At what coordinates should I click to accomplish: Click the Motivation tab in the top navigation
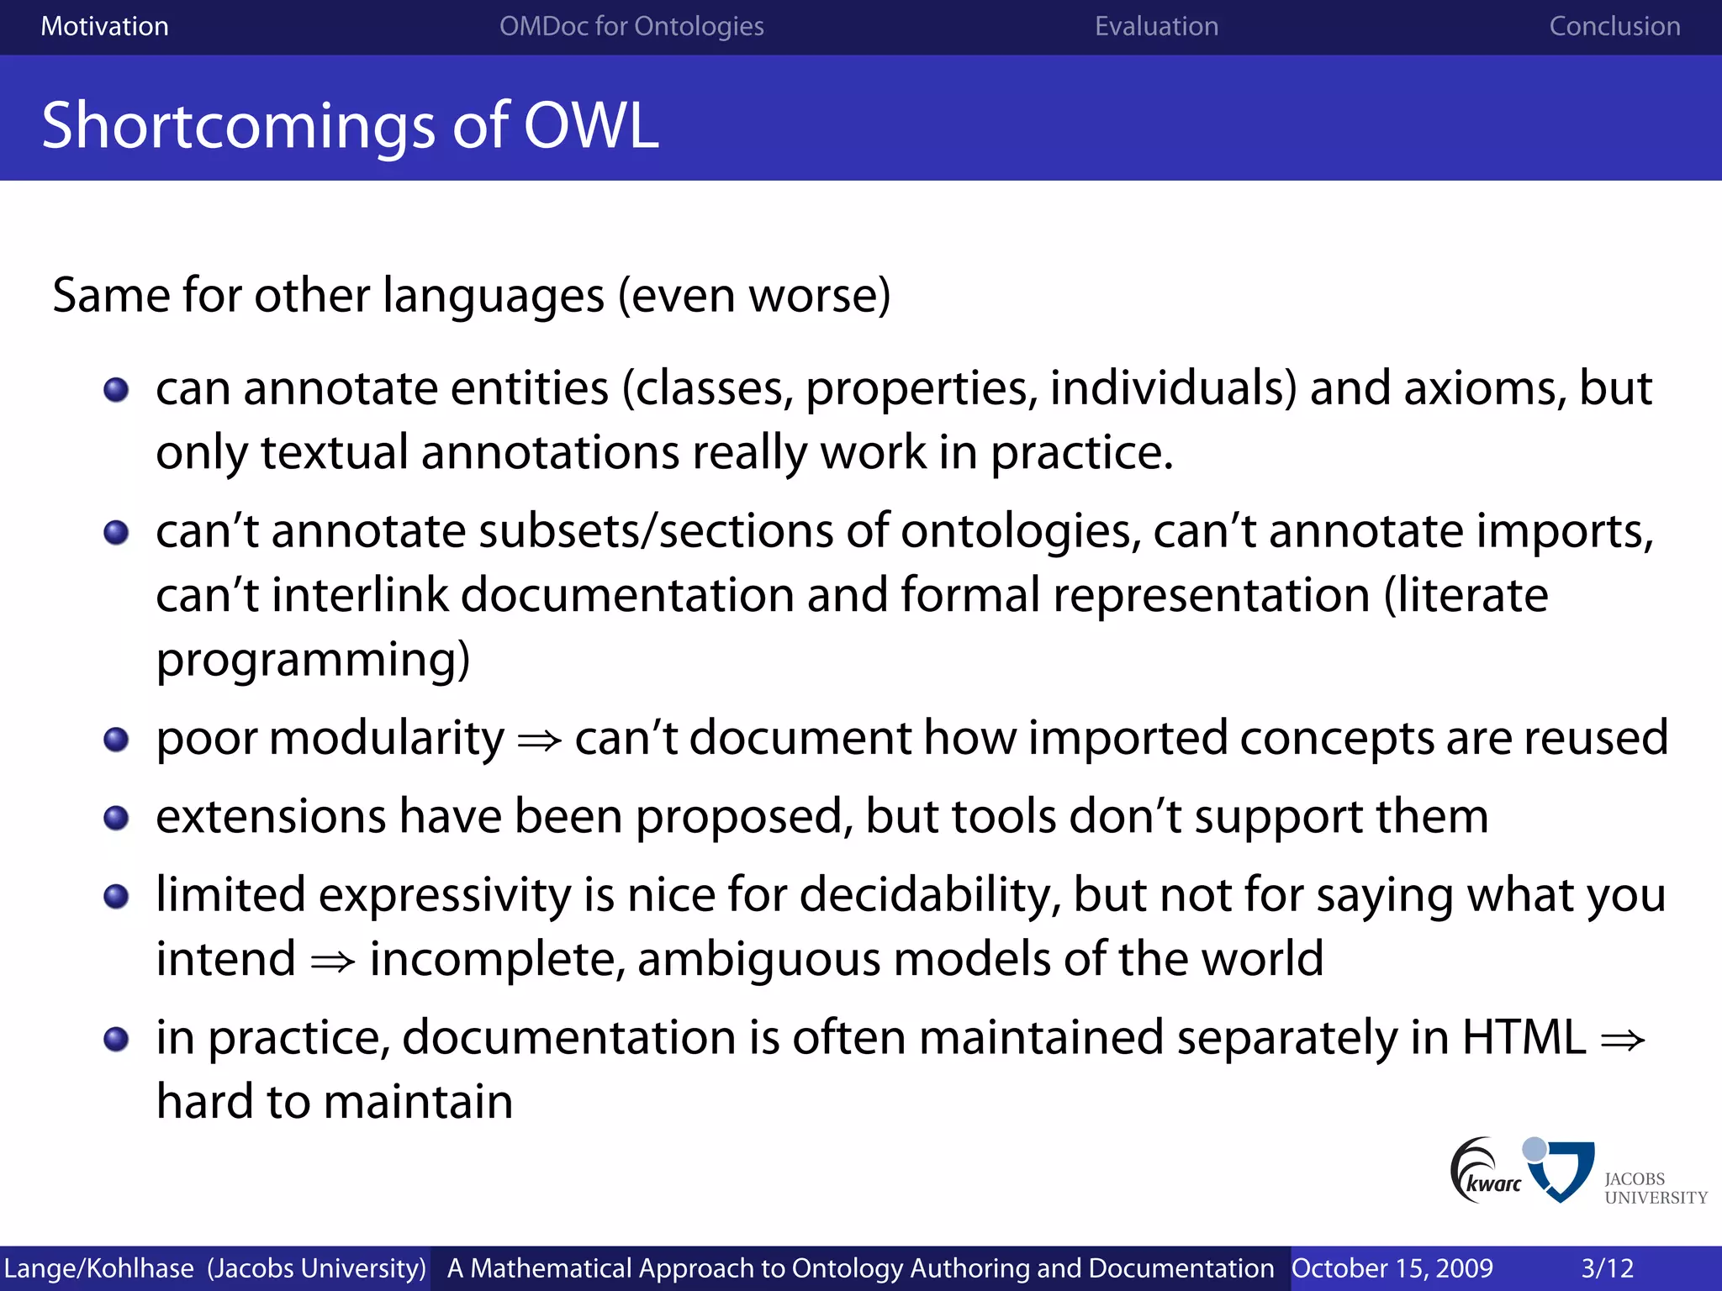tap(104, 26)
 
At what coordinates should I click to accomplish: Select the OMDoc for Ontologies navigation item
tap(631, 26)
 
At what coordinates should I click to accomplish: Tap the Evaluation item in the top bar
tap(1156, 26)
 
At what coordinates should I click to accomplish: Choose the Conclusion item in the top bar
tap(1614, 26)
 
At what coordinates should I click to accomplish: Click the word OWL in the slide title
tap(591, 125)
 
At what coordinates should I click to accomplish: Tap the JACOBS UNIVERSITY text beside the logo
tap(1654, 1188)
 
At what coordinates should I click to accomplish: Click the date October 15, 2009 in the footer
tap(1392, 1268)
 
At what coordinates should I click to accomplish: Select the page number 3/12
tap(1607, 1268)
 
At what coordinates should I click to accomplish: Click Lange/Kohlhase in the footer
tap(98, 1268)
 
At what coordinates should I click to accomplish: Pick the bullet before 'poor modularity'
tap(116, 740)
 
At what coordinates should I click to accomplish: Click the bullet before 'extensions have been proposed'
tap(116, 818)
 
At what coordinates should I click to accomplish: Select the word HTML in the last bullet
tap(1524, 1038)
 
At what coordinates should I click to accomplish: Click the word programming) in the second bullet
tap(313, 660)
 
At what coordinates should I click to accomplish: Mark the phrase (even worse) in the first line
tap(754, 296)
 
